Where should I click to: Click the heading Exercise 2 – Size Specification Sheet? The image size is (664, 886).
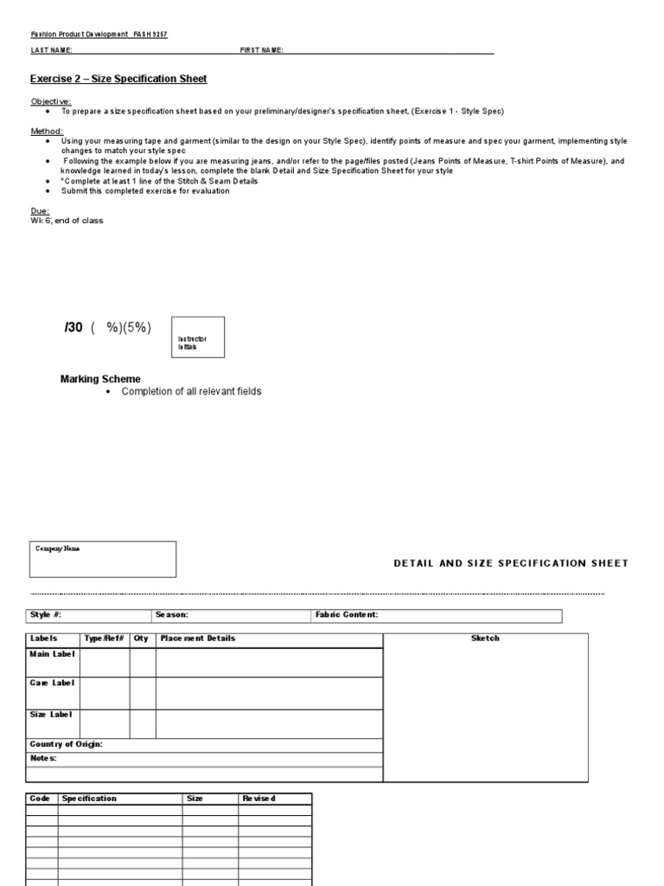click(118, 80)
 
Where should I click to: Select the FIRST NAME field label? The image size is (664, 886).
click(261, 51)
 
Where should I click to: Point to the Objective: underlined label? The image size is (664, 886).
click(51, 101)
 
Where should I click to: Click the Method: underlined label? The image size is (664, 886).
click(47, 131)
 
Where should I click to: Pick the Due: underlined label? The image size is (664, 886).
click(40, 211)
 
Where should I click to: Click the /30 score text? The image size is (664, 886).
click(73, 327)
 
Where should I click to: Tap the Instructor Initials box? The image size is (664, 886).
click(198, 337)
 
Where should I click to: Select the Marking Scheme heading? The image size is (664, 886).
click(99, 379)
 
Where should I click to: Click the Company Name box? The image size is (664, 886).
click(102, 559)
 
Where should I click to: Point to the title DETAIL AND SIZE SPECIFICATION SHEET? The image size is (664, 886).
click(510, 563)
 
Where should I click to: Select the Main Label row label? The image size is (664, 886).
click(52, 654)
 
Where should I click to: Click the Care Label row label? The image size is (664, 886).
click(52, 684)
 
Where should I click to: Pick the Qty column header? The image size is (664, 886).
click(141, 639)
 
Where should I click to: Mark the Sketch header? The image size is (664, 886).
click(484, 639)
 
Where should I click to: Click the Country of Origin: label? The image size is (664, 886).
click(66, 745)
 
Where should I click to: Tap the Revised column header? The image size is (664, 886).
click(259, 799)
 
